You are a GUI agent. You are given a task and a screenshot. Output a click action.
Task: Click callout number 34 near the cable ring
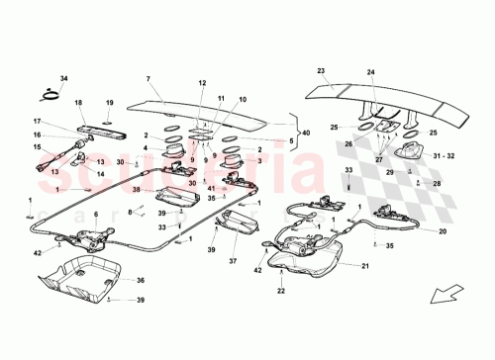(64, 79)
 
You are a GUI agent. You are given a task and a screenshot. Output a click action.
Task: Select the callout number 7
(148, 79)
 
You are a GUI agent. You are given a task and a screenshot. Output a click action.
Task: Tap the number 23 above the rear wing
(321, 71)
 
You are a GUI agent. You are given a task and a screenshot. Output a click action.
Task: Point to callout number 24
(371, 73)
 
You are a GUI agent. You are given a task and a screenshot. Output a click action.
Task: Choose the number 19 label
(111, 103)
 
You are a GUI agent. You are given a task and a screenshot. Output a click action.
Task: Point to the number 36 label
(140, 281)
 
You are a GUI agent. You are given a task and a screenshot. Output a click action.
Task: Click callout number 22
(279, 291)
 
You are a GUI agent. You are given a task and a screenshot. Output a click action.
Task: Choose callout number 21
(365, 266)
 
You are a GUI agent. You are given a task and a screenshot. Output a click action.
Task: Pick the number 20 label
(443, 231)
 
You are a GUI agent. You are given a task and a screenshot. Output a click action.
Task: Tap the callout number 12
(202, 84)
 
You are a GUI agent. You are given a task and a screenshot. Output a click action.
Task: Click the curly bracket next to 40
(297, 132)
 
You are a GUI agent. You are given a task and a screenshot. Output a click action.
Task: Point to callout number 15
(39, 149)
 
